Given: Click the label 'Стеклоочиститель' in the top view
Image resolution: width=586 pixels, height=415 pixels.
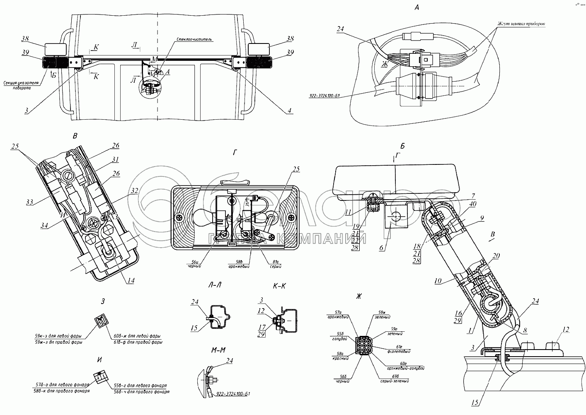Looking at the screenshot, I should [200, 40].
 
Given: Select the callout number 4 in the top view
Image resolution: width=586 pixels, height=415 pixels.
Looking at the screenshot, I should [290, 111].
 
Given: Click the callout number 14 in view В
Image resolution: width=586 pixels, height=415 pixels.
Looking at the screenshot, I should [131, 280].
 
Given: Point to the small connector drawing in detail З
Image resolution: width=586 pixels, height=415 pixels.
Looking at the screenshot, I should [102, 319].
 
